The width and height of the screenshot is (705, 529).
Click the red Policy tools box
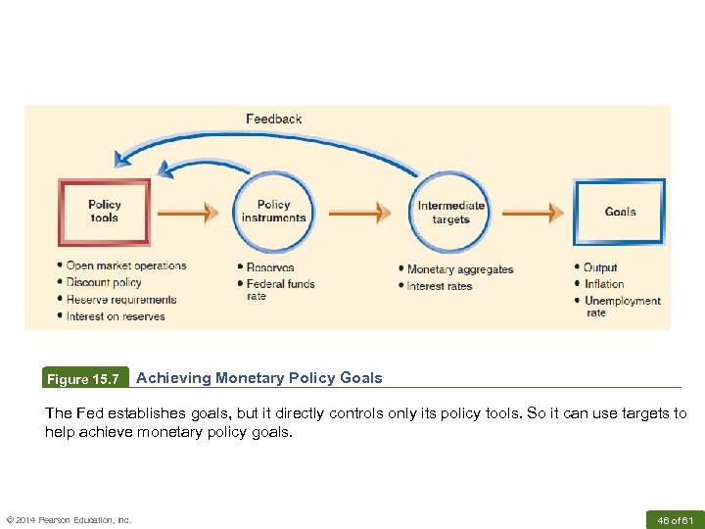click(x=105, y=212)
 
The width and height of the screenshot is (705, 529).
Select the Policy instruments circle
click(x=273, y=212)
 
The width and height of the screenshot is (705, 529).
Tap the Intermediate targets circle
click(x=451, y=213)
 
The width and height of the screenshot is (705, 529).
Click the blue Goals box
click(x=619, y=212)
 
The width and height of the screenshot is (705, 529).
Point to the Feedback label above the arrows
click(x=274, y=120)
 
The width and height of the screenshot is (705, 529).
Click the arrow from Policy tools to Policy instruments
click(x=188, y=212)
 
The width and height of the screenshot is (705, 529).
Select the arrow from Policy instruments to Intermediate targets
click(x=360, y=212)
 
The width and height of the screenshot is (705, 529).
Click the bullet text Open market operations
click(x=125, y=265)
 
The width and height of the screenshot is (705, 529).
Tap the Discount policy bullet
click(x=104, y=283)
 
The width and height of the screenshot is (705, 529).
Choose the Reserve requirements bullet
click(x=121, y=300)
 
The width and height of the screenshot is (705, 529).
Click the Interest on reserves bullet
click(x=116, y=316)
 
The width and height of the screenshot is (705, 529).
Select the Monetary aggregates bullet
click(x=459, y=269)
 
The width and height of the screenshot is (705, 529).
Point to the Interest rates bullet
click(x=440, y=286)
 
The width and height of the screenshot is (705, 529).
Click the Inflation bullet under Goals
click(x=604, y=284)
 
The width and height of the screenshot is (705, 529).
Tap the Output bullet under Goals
click(x=600, y=267)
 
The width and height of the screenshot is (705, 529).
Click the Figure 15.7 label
click(x=84, y=379)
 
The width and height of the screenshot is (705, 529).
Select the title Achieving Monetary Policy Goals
click(x=259, y=378)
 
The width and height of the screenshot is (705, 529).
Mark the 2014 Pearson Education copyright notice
click(x=69, y=519)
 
